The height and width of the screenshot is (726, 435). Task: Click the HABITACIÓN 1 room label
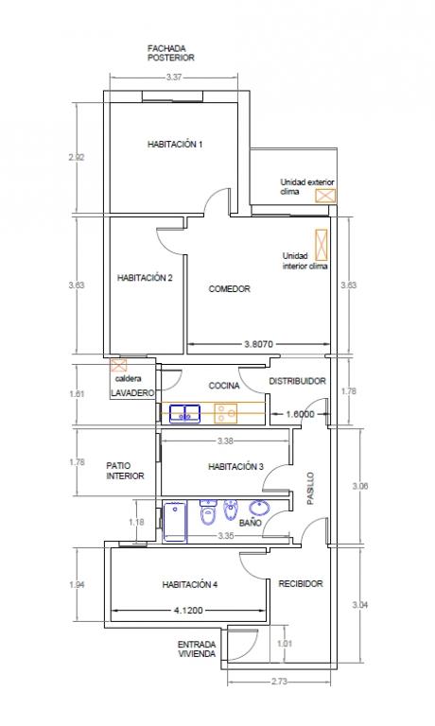click(175, 145)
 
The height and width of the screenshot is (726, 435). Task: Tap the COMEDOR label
click(229, 289)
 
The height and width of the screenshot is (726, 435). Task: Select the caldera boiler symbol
click(118, 365)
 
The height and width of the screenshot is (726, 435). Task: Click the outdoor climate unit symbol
click(325, 196)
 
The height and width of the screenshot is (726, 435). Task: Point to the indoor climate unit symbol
click(321, 244)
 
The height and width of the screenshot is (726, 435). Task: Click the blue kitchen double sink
click(184, 413)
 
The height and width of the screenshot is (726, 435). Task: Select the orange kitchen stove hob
click(226, 413)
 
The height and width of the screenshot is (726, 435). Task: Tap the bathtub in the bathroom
click(176, 522)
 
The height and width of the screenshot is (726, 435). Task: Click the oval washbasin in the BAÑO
click(259, 508)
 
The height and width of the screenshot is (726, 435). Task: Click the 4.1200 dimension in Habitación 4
click(188, 611)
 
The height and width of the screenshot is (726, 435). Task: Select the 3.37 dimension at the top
click(174, 78)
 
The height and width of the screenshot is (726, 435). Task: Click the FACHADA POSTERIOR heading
click(170, 53)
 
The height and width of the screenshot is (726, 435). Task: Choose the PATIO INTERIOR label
click(125, 471)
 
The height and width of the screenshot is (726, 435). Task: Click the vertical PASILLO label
click(310, 488)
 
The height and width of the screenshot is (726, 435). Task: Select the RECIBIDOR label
click(300, 584)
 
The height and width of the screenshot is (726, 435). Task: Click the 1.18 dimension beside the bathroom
click(136, 522)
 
